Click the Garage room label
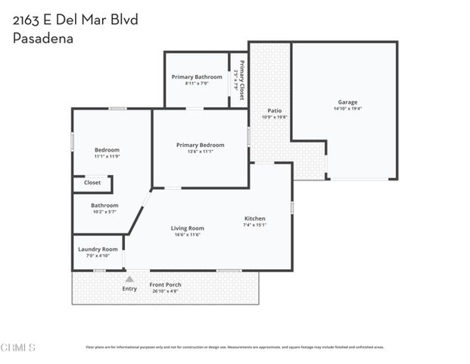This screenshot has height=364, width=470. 347,102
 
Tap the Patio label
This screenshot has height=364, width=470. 274,111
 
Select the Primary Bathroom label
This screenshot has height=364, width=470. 197,77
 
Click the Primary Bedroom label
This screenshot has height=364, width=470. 200,145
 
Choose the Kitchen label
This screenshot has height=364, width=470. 254,218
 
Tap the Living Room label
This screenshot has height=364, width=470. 187,228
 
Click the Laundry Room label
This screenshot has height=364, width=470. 99,249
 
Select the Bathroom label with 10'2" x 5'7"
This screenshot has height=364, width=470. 104,206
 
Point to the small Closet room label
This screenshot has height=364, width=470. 92,183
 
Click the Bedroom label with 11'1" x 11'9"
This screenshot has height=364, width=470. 107,149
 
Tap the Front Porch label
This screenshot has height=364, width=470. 165,284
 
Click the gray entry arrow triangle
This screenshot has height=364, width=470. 129,279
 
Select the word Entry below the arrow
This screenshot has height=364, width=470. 129,288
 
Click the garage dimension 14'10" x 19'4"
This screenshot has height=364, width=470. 347,109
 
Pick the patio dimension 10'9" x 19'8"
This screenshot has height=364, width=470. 274,118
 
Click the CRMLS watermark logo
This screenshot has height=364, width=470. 19,348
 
